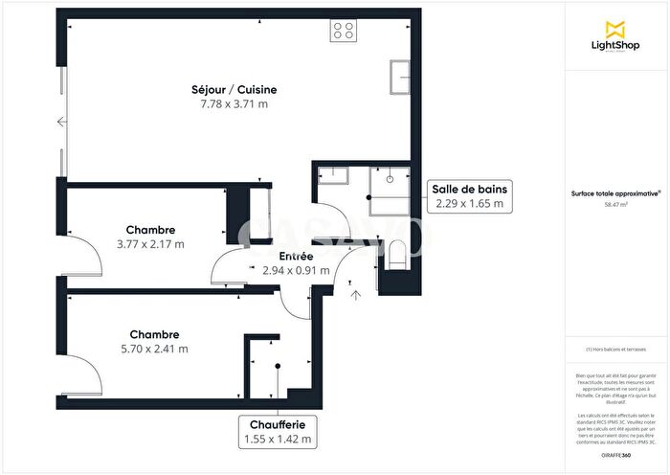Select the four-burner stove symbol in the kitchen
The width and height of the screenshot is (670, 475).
(x=344, y=31)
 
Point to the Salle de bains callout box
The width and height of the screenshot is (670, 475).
(x=469, y=196)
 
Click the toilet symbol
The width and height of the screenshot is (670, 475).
(x=398, y=254)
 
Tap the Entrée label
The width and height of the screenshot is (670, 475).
(x=296, y=257)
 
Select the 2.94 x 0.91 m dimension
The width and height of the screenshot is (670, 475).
(x=296, y=270)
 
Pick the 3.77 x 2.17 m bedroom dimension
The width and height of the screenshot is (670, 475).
(x=150, y=243)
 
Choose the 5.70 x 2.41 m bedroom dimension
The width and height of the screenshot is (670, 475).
(x=155, y=349)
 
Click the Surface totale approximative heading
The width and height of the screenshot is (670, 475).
(x=615, y=192)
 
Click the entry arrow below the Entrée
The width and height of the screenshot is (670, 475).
(x=355, y=295)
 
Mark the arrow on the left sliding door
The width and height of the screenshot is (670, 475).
(x=61, y=122)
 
